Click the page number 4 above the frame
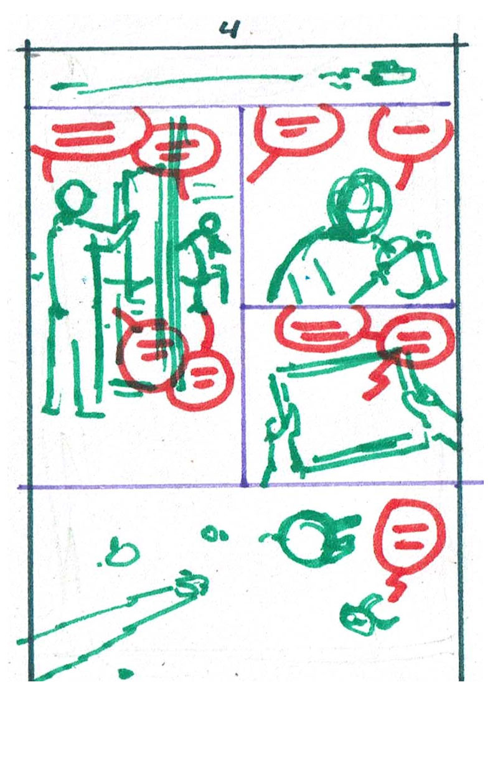coord(230,30)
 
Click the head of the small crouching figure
coord(210,223)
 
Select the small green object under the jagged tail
coord(364,619)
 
